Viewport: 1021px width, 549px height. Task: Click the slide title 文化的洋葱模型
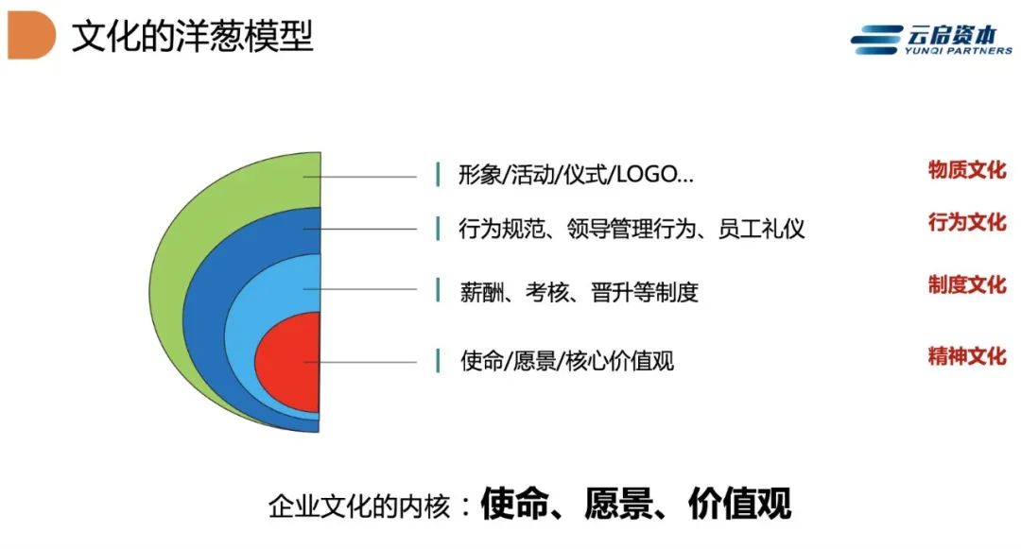(x=193, y=36)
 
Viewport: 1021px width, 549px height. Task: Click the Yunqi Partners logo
(x=931, y=40)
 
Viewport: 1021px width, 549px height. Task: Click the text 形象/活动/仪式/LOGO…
(x=577, y=174)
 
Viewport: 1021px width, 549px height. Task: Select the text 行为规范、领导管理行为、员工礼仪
(x=632, y=229)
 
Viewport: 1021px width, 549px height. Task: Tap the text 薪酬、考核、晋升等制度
(x=579, y=292)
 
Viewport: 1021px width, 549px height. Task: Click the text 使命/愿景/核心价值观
(x=566, y=360)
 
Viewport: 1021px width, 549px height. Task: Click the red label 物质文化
(x=967, y=170)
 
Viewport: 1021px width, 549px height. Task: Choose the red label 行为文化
(x=967, y=222)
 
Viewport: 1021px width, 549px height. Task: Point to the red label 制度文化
(x=967, y=284)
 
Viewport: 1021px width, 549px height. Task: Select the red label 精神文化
(x=967, y=356)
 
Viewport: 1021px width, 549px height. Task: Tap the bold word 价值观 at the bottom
(x=739, y=504)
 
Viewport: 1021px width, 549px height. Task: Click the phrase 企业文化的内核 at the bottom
(x=359, y=506)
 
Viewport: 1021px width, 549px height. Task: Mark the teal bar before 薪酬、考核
(x=438, y=291)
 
